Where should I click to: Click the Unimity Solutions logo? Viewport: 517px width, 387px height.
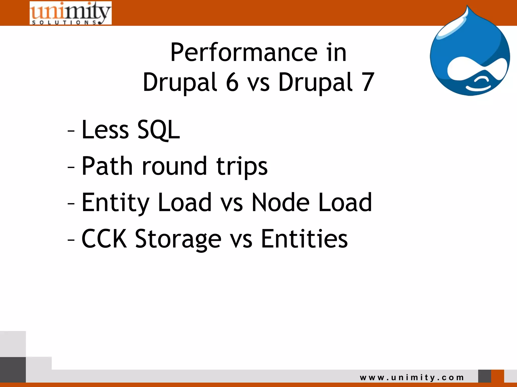(x=70, y=13)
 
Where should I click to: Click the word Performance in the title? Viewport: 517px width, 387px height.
(x=244, y=53)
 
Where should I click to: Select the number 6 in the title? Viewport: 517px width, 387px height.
(x=232, y=82)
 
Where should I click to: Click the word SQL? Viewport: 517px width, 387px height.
(x=159, y=130)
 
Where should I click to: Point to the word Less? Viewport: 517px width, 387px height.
(x=105, y=130)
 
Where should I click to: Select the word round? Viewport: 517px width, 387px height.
(x=174, y=166)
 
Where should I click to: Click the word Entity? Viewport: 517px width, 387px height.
(x=116, y=203)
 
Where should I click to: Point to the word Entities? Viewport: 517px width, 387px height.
(x=304, y=239)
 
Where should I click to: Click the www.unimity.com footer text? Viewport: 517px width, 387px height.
(x=412, y=377)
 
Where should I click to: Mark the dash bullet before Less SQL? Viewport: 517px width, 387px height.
(x=71, y=131)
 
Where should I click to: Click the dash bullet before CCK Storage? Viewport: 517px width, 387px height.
(x=71, y=240)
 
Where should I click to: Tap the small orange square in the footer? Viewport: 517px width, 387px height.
(x=498, y=376)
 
